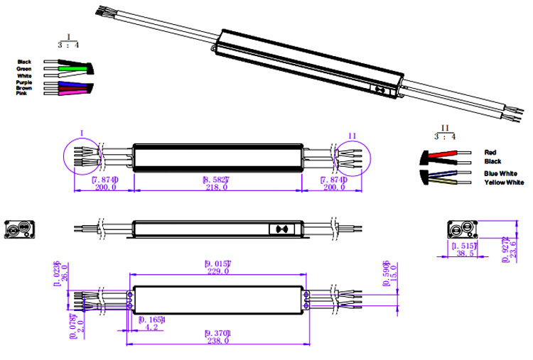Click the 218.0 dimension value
coord(217,187)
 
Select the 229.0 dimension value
coord(217,271)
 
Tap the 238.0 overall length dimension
coord(217,341)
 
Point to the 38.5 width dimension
coord(466,253)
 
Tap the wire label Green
coord(25,68)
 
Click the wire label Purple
coord(25,82)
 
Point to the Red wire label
coord(490,152)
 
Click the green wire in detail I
coord(72,69)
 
